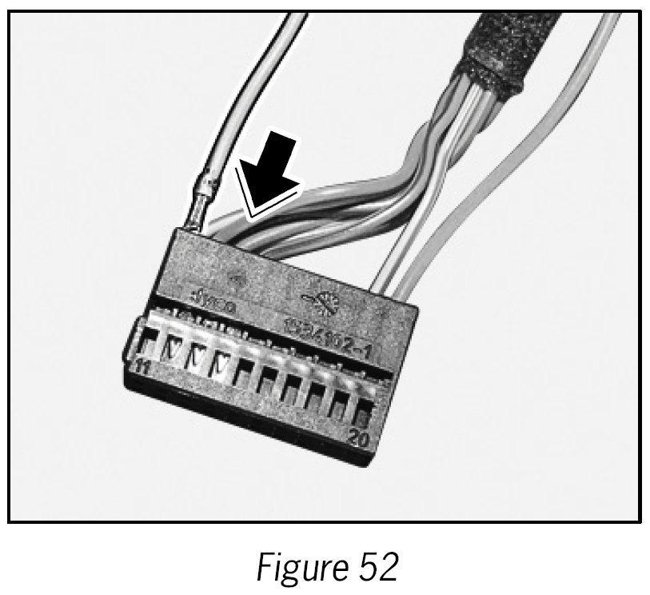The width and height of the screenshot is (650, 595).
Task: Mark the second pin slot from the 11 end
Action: [174, 349]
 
